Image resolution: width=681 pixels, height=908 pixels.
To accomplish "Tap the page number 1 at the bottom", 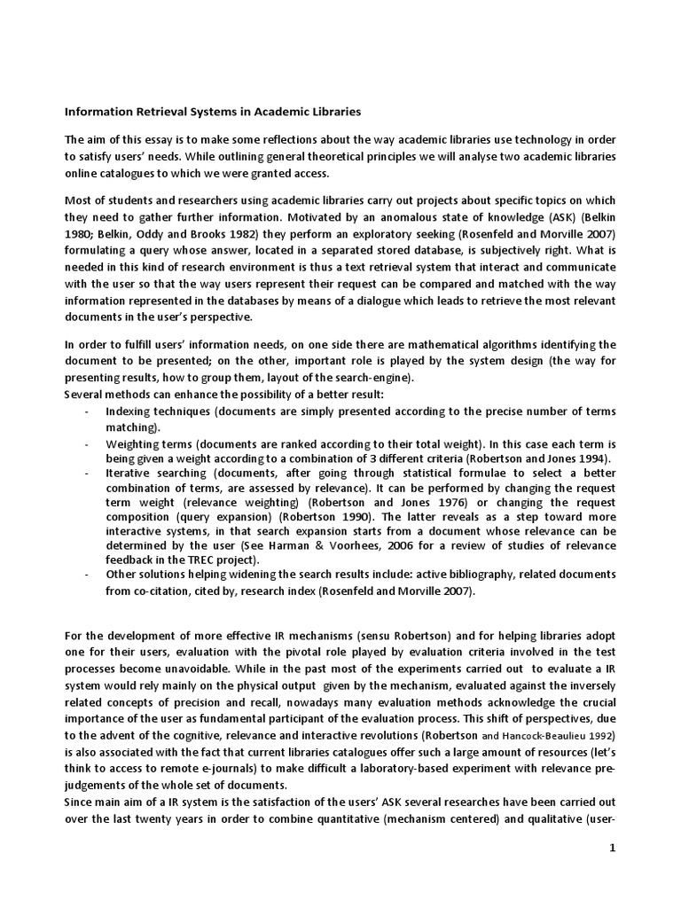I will (x=611, y=848).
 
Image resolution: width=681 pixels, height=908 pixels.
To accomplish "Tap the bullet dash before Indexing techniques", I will (x=85, y=411).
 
